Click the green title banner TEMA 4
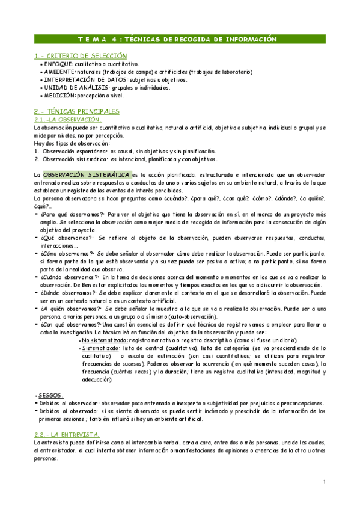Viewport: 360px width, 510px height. coord(179,39)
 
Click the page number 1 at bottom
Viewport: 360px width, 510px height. coord(323,482)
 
